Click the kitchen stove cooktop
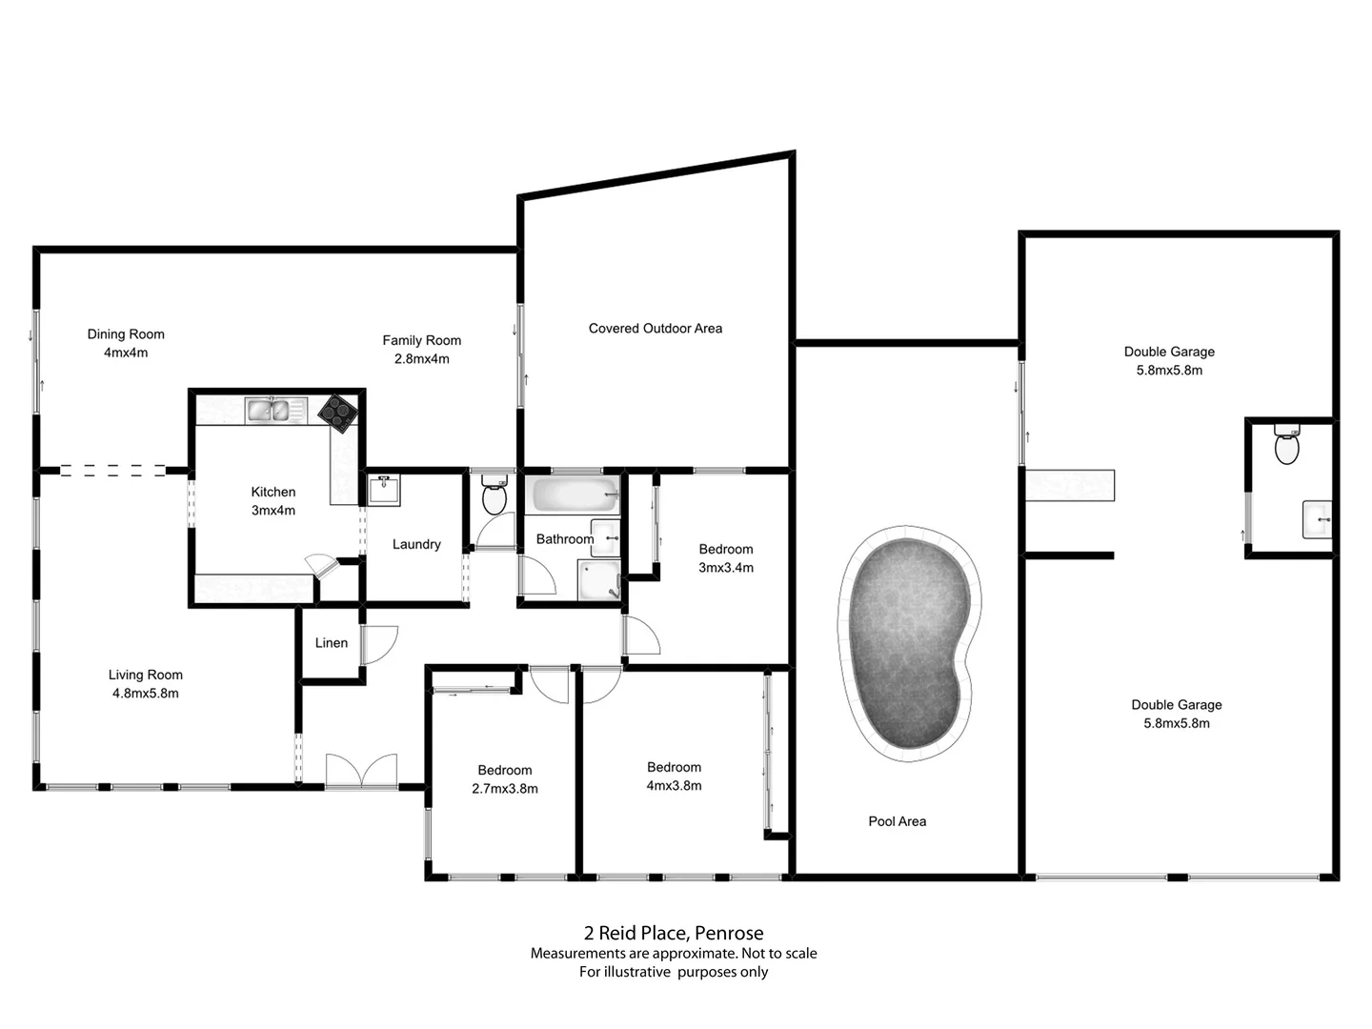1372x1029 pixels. pos(337,413)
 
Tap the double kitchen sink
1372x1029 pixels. pos(269,411)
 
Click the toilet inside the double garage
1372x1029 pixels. pos(1286,445)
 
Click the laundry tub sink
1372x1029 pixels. pos(385,491)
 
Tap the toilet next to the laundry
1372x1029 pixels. pos(494,496)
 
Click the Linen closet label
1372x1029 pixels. pos(332,643)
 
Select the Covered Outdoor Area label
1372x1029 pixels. pos(655,329)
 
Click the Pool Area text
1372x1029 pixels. pos(897,821)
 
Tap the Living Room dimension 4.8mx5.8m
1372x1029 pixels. pos(145,694)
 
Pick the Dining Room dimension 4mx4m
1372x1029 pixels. pos(126,353)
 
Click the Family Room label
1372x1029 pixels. pos(421,340)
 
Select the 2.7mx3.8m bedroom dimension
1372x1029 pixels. pos(504,789)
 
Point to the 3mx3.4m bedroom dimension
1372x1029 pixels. pos(725,568)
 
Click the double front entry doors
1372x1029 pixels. pos(361,771)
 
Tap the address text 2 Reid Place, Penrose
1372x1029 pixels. pos(674,934)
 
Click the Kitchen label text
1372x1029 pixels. pos(273,492)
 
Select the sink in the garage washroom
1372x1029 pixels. pos(1317,519)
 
